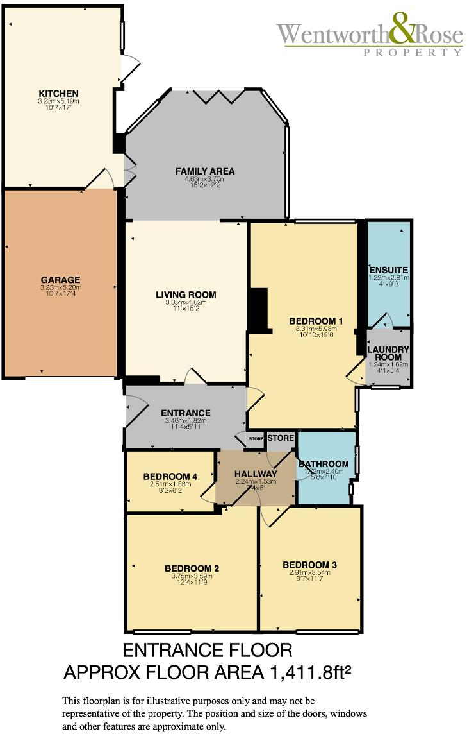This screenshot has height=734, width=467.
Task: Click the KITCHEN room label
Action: pyautogui.click(x=58, y=94)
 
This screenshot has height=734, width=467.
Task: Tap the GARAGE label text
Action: pyautogui.click(x=61, y=280)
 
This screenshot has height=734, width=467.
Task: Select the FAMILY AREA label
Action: pyautogui.click(x=205, y=171)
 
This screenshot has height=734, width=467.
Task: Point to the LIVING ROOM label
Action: pyautogui.click(x=186, y=295)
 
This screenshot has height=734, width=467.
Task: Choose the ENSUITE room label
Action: pyautogui.click(x=388, y=269)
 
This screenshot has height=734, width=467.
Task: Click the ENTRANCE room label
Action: pyautogui.click(x=186, y=413)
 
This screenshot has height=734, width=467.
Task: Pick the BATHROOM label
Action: pyautogui.click(x=324, y=464)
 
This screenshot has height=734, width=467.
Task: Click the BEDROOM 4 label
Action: pyautogui.click(x=170, y=476)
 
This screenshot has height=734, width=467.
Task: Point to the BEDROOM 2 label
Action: pyautogui.click(x=192, y=568)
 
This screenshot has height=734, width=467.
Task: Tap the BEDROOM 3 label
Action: pyautogui.click(x=310, y=565)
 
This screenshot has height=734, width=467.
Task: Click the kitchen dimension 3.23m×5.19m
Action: pyautogui.click(x=58, y=101)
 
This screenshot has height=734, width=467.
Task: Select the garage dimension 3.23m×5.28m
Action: pyautogui.click(x=61, y=287)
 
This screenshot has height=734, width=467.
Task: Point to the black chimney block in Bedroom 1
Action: pyautogui.click(x=258, y=311)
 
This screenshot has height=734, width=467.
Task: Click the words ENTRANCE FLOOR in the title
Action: pyautogui.click(x=207, y=651)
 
